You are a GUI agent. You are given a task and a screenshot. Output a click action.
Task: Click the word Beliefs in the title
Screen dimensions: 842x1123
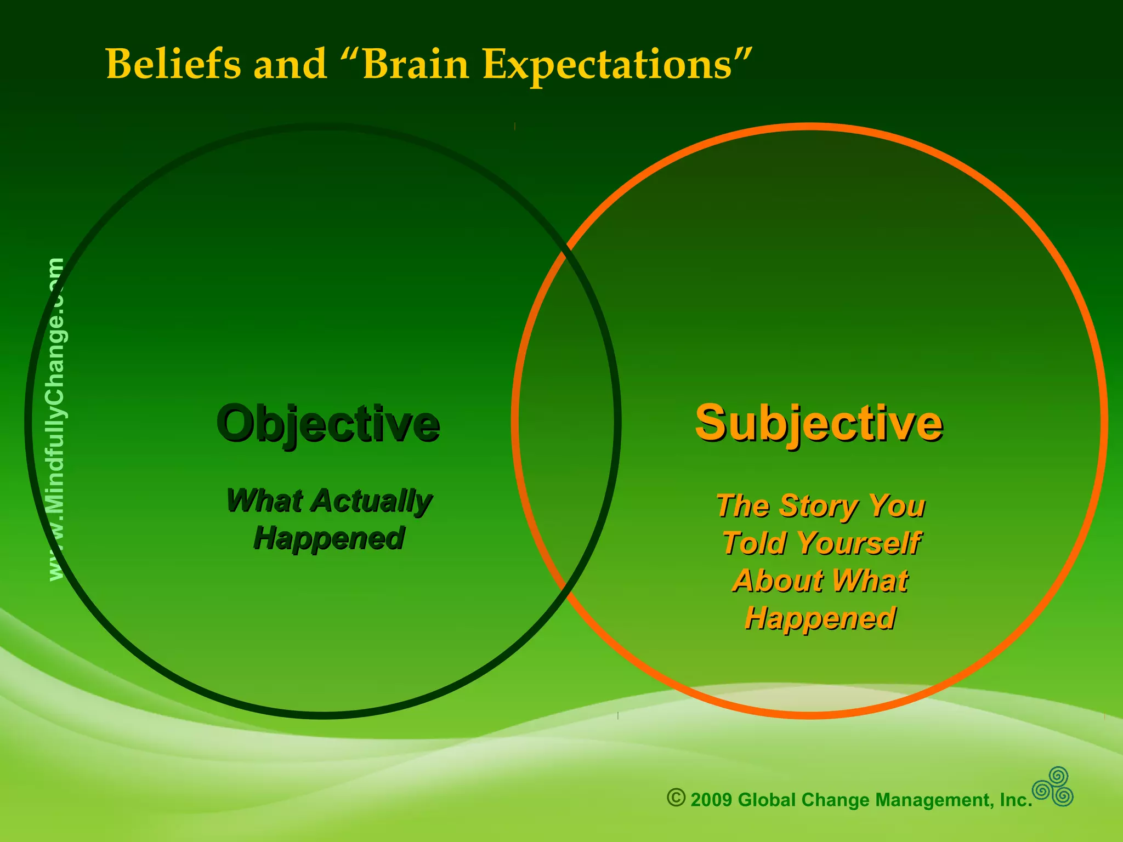pyautogui.click(x=173, y=64)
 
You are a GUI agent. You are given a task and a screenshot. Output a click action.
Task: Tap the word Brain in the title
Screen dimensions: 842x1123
pyautogui.click(x=415, y=64)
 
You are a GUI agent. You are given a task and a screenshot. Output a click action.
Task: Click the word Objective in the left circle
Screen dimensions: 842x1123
pyautogui.click(x=328, y=424)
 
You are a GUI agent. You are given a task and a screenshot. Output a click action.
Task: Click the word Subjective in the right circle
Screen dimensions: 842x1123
pyautogui.click(x=819, y=424)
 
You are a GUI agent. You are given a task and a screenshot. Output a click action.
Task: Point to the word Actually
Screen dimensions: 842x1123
pyautogui.click(x=373, y=501)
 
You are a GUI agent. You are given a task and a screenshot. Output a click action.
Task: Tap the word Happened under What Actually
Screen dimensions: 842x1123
pyautogui.click(x=329, y=538)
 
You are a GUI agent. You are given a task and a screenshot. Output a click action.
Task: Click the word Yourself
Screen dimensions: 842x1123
pyautogui.click(x=858, y=543)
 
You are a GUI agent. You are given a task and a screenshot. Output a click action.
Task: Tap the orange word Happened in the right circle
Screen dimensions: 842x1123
pyautogui.click(x=820, y=618)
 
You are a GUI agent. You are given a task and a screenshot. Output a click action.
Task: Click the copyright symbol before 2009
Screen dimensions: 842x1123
pyautogui.click(x=676, y=798)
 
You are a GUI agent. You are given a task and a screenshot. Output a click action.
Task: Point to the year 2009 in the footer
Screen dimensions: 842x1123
pyautogui.click(x=711, y=800)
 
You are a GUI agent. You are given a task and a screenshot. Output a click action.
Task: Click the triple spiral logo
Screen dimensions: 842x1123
pyautogui.click(x=1053, y=787)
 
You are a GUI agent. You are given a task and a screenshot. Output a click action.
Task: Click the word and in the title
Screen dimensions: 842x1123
pyautogui.click(x=290, y=64)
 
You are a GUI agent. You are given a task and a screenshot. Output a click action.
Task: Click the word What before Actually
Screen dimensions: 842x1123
pyautogui.click(x=264, y=501)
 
